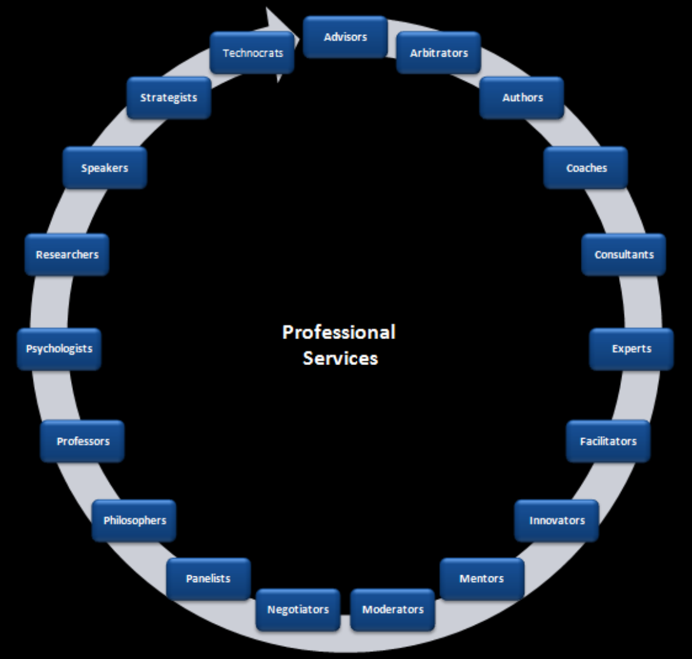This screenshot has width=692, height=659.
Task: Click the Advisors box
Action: coord(345,37)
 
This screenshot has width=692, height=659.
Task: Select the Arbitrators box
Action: coord(439,53)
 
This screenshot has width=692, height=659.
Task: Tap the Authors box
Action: coord(522,98)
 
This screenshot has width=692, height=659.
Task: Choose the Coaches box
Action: coord(586,168)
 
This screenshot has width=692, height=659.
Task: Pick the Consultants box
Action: coord(623,255)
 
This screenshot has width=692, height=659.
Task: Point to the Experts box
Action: coord(631,349)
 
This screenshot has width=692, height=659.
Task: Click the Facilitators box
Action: coord(608,441)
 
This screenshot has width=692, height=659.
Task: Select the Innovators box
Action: coord(556,521)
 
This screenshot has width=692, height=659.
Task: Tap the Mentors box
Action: coord(482,579)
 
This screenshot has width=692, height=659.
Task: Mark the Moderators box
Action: coord(392,609)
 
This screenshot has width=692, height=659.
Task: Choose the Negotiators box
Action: coord(298,609)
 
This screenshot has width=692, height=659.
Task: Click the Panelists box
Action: coord(208,579)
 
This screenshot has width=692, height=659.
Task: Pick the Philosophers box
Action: coord(134,521)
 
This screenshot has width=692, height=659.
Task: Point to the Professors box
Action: coord(83,441)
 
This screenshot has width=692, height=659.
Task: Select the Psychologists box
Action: coord(59,349)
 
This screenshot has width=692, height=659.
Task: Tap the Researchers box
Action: coord(67,255)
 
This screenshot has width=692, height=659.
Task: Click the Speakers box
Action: coord(104,168)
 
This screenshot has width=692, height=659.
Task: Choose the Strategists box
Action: coord(168,98)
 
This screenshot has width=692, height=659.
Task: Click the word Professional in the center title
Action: coord(338,332)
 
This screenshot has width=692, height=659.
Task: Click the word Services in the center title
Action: coord(340,358)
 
